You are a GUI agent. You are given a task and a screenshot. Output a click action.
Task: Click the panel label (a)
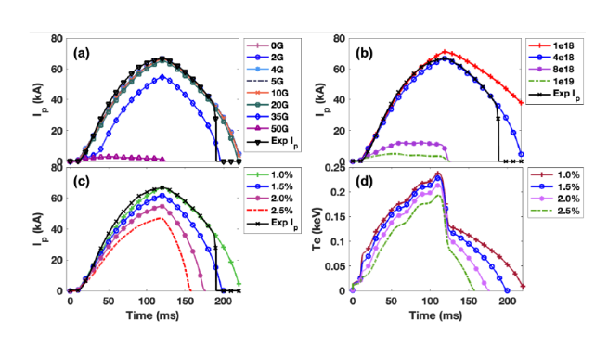click(82, 54)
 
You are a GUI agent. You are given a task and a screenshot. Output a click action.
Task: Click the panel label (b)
click(364, 54)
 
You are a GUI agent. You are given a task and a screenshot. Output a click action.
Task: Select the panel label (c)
click(82, 182)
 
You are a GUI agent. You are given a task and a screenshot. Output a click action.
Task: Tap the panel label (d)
click(364, 182)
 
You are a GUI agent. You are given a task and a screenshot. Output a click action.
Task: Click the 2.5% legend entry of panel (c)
click(270, 211)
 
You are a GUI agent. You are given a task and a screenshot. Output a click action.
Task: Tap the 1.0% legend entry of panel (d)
click(555, 174)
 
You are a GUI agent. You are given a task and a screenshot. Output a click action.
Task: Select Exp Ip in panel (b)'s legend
click(554, 94)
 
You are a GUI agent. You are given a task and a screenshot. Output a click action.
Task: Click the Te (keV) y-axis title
click(317, 228)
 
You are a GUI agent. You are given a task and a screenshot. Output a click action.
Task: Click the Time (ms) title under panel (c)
click(152, 315)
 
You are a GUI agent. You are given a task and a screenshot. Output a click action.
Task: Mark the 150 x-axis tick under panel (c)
click(185, 302)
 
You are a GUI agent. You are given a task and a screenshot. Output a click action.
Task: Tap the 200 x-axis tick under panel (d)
click(507, 302)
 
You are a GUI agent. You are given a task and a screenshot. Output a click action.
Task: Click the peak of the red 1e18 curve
click(445, 51)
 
